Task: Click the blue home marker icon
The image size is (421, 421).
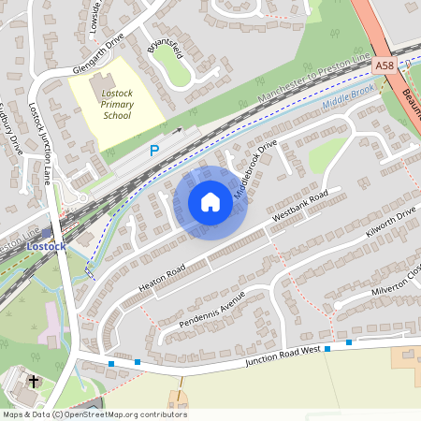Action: pos(210,202)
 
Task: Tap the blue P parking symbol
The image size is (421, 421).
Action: pos(155,150)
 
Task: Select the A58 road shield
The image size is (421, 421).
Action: pos(384,66)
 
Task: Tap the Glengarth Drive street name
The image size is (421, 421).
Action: pos(97,58)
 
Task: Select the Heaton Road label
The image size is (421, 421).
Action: pos(162,276)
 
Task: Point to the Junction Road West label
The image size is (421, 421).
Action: pos(283,355)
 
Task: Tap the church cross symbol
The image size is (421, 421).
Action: pos(35,381)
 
